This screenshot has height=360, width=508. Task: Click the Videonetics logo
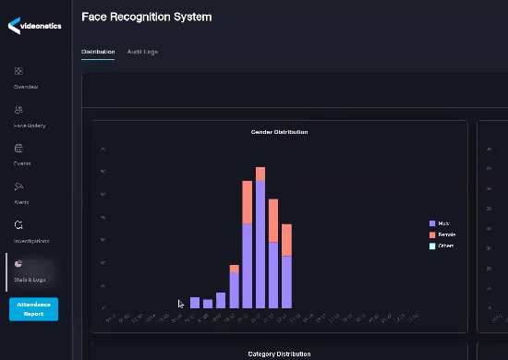pyautogui.click(x=34, y=25)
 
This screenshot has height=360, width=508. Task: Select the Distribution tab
pyautogui.click(x=98, y=52)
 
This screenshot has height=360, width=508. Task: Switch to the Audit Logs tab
pyautogui.click(x=142, y=52)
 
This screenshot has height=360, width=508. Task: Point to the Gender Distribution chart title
pyautogui.click(x=279, y=132)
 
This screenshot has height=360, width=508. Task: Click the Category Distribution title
pyautogui.click(x=279, y=354)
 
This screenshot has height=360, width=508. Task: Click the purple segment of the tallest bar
pyautogui.click(x=260, y=245)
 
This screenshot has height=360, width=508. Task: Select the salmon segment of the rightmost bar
pyautogui.click(x=286, y=240)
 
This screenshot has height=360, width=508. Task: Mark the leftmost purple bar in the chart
pyautogui.click(x=195, y=303)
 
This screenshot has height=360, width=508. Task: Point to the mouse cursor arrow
pyautogui.click(x=181, y=303)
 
